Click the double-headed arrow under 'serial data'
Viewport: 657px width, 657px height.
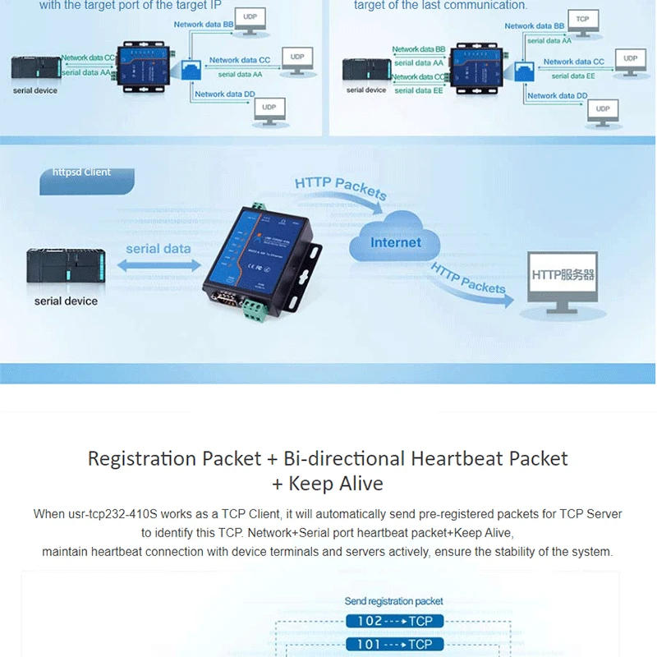coord(159,265)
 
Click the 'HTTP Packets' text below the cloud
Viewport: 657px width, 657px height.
coord(468,279)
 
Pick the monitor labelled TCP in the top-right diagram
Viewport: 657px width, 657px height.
coord(583,22)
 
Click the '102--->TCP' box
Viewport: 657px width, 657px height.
coord(394,622)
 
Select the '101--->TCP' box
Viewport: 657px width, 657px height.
coord(394,645)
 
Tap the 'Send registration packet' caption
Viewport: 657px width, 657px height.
coord(394,601)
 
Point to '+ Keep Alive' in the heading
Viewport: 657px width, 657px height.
coord(328,483)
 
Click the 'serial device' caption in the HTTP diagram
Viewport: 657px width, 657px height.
coord(66,301)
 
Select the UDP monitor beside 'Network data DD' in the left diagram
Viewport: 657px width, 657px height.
coord(269,112)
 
